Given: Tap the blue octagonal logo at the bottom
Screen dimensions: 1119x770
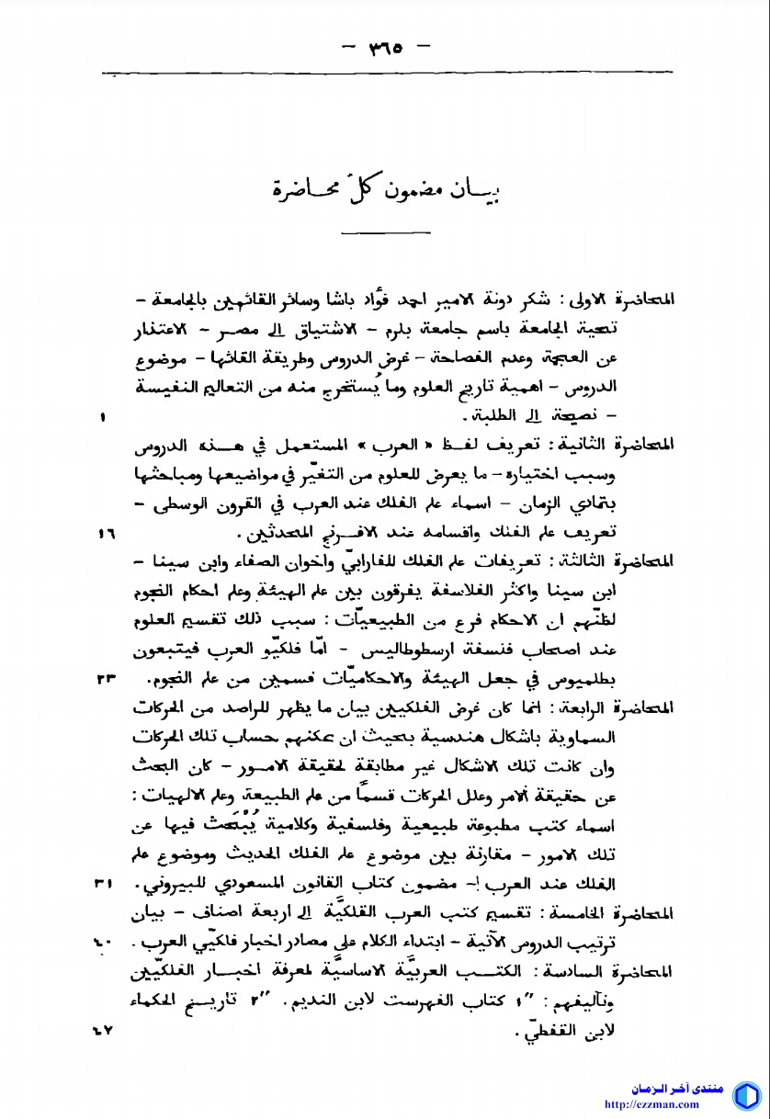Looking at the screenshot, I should point(745,1095).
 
